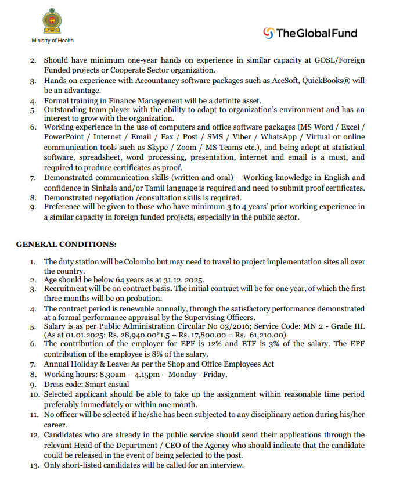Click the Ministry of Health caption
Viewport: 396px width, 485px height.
coord(52,41)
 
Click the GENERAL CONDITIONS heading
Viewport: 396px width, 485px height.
coord(66,244)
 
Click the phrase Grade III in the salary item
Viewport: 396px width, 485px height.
coord(347,326)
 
